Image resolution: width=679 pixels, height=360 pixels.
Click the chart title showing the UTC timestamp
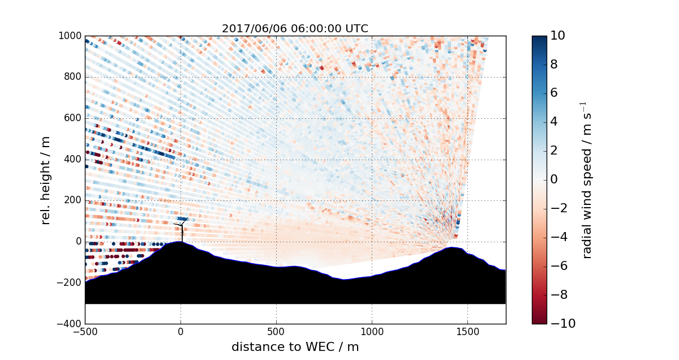pos(295,28)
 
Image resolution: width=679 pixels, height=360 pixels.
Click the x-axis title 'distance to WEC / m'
pos(295,347)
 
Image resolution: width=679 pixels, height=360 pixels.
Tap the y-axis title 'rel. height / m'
pos(46,180)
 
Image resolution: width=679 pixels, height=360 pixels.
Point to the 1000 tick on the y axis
pos(71,36)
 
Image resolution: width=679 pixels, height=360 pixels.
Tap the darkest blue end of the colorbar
pos(539,38)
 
